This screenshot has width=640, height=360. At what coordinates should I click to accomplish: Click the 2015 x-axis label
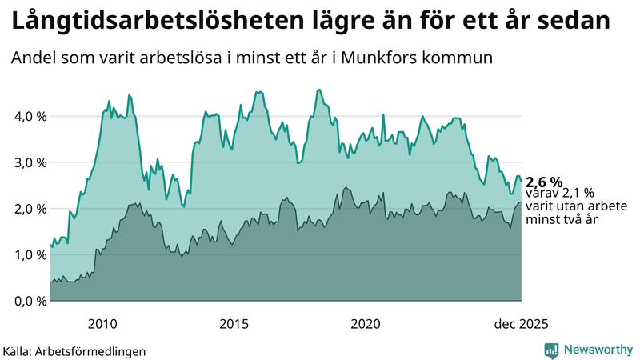click(234, 324)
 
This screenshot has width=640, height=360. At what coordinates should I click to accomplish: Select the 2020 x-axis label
click(365, 324)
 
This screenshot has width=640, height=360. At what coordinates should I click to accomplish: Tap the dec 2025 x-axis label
click(521, 324)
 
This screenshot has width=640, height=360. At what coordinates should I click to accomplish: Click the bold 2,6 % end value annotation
click(544, 182)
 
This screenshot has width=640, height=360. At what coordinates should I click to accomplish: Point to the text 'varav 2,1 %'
click(560, 193)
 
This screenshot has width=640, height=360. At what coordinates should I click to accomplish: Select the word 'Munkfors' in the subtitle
click(394, 58)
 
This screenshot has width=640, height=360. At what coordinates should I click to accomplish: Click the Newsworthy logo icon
click(551, 350)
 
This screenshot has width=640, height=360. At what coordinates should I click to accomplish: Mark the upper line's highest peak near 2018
click(319, 90)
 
